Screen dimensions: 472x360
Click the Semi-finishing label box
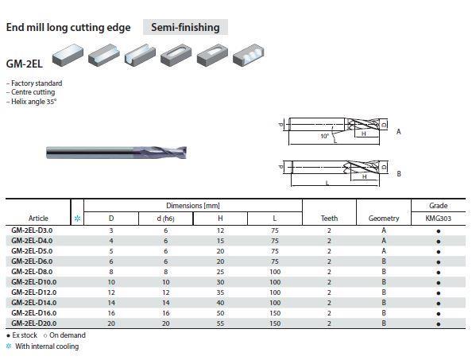click(185, 27)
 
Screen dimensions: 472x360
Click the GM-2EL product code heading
click(25, 64)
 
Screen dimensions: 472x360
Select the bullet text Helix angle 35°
click(33, 102)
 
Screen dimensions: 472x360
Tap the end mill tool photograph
click(117, 153)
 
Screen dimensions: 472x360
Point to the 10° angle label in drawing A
click(324, 136)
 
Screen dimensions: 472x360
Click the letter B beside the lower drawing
click(399, 174)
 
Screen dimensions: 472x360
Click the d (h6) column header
click(165, 219)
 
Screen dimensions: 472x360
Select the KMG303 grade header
click(439, 219)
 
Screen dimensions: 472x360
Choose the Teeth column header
click(329, 219)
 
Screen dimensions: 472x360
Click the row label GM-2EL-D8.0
click(32, 272)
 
